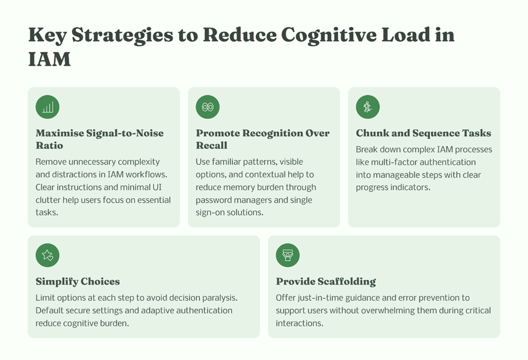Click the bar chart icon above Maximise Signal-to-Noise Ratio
(48, 107)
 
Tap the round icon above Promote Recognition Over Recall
(208, 107)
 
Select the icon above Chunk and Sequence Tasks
(368, 107)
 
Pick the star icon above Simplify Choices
(48, 255)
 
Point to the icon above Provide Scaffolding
(288, 255)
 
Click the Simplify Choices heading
(78, 281)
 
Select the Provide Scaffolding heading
(326, 281)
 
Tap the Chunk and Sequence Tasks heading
(424, 133)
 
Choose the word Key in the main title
(47, 35)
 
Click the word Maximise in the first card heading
(60, 133)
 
